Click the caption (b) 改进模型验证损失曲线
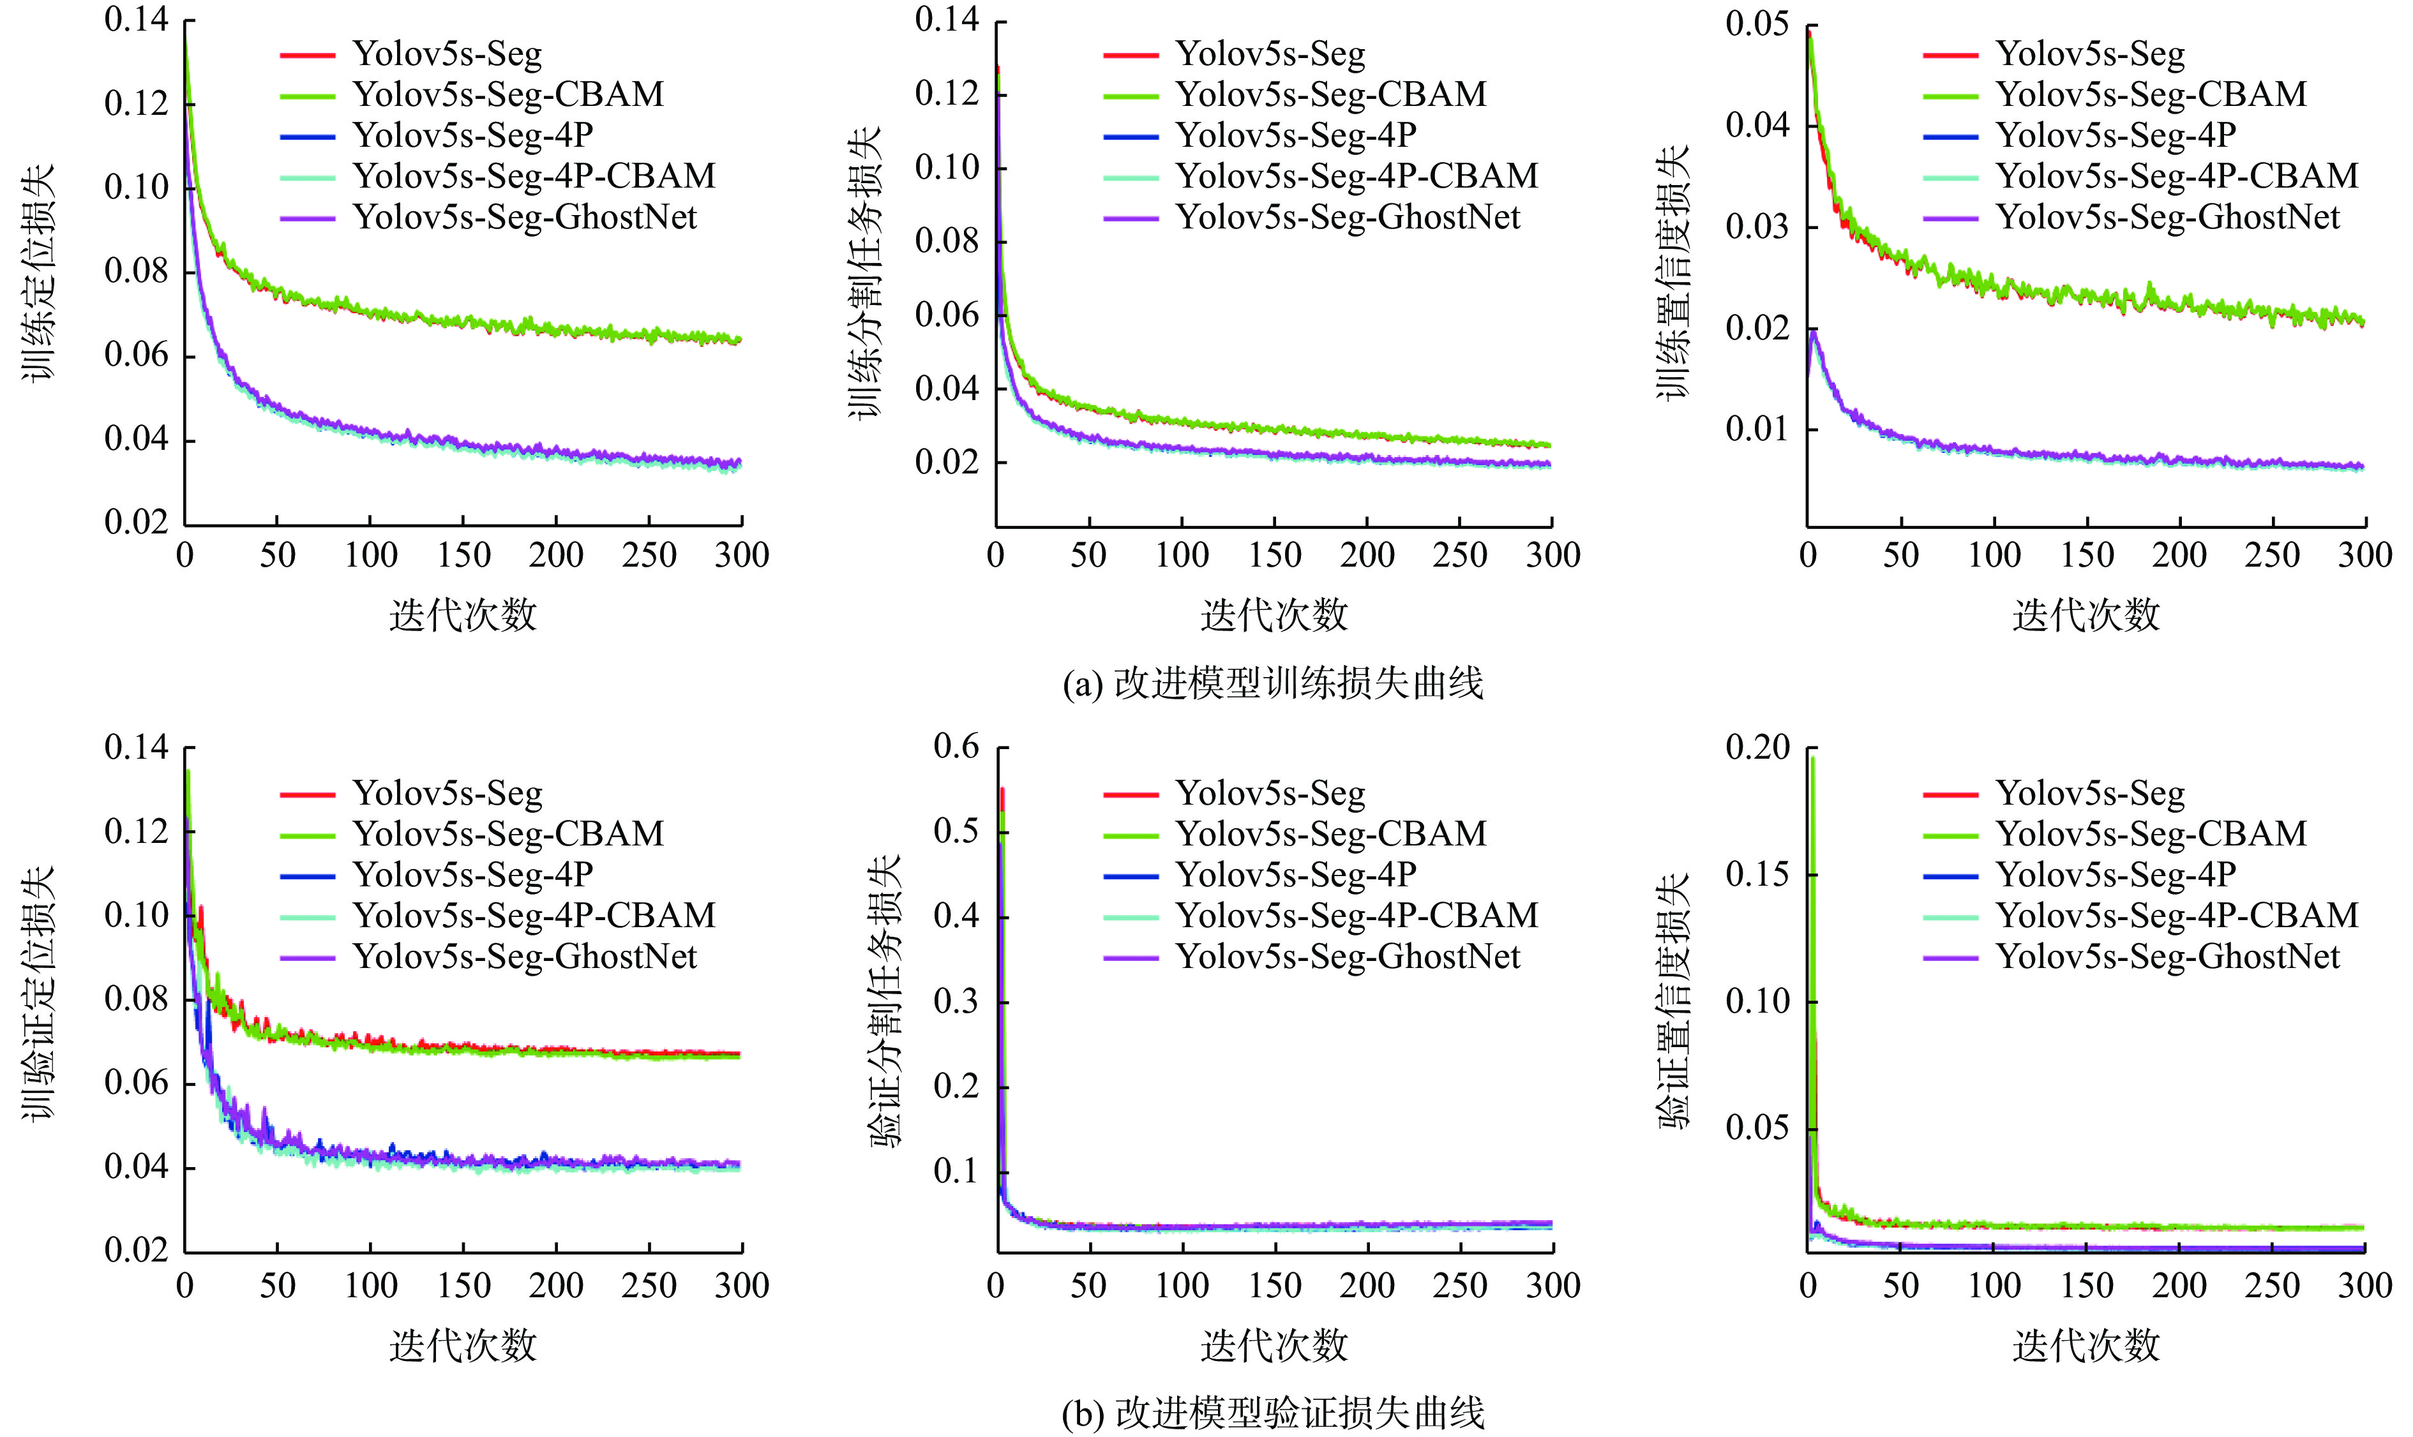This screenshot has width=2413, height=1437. click(1273, 1414)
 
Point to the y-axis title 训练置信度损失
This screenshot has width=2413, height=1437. click(1672, 273)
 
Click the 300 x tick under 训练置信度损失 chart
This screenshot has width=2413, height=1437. click(2364, 555)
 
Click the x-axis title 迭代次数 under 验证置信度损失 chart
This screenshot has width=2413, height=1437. click(2086, 1345)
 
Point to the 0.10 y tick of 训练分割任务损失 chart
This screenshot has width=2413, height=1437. click(947, 168)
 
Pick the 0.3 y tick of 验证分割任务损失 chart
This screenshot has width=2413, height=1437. click(956, 1001)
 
